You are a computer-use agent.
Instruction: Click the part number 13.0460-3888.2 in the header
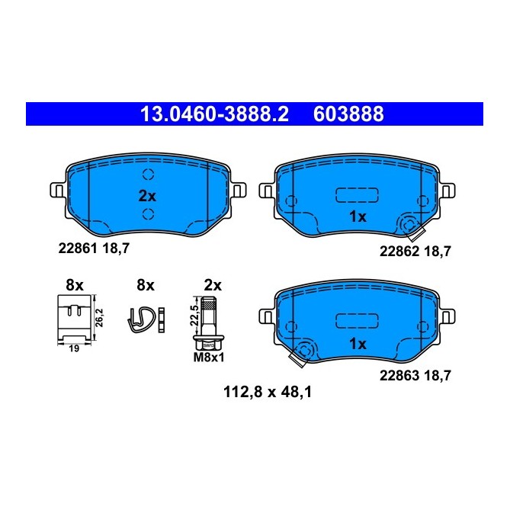point(215,114)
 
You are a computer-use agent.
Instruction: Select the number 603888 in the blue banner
point(348,114)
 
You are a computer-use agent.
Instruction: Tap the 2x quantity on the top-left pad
point(147,195)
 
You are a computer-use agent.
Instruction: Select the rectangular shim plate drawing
point(74,318)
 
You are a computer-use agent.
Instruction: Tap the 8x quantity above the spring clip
point(145,285)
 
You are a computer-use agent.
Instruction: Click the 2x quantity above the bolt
point(213,285)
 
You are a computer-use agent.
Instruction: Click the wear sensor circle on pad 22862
point(409,226)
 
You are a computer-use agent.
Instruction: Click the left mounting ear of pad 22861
point(56,189)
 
